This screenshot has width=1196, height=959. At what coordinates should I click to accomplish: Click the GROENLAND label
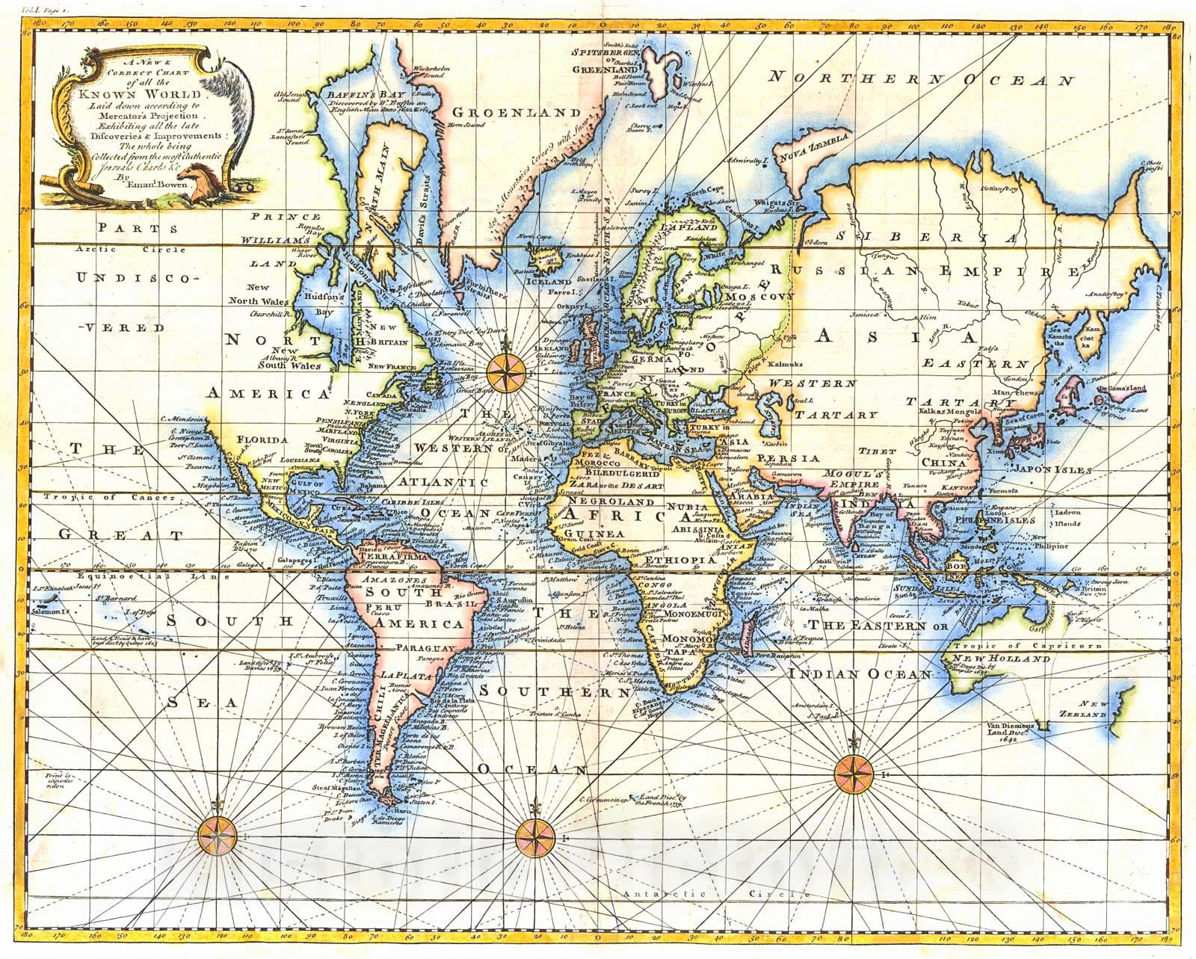tap(515, 112)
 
